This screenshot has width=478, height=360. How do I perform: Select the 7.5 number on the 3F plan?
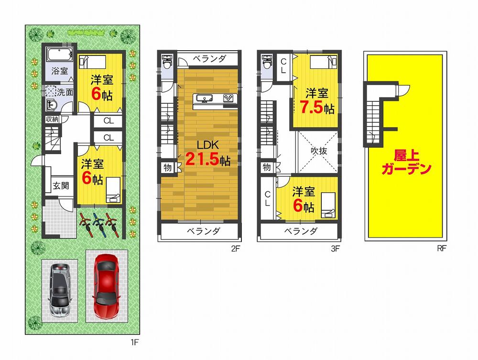pyautogui.click(x=311, y=107)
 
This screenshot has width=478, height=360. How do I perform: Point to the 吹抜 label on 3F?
pyautogui.click(x=318, y=150)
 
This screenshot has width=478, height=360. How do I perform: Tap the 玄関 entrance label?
pyautogui.click(x=61, y=185)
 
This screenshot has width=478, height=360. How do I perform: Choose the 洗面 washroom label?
pyautogui.click(x=66, y=92)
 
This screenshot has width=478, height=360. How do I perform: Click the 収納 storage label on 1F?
pyautogui.click(x=53, y=119)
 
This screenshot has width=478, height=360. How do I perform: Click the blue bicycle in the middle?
pyautogui.click(x=99, y=223)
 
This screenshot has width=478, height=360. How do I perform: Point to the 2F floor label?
pyautogui.click(x=234, y=249)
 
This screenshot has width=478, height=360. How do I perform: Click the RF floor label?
pyautogui.click(x=440, y=249)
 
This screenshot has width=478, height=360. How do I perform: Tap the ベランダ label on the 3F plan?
pyautogui.click(x=301, y=231)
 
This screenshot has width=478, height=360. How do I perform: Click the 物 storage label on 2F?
pyautogui.click(x=167, y=167)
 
